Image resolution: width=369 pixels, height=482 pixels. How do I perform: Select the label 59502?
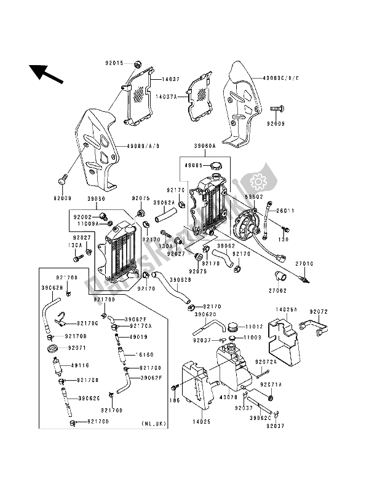pos(254,196)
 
